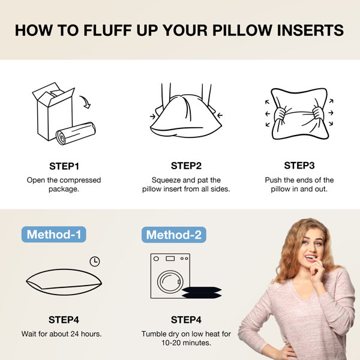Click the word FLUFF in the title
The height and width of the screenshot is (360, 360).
[107, 30]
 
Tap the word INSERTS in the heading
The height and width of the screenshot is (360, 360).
[310, 30]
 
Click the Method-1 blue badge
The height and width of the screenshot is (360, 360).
[54, 235]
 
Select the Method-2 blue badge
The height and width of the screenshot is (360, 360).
[174, 235]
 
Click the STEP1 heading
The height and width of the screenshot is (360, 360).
[64, 166]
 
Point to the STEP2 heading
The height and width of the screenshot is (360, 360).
[186, 166]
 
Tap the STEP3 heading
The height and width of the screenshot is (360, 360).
[299, 166]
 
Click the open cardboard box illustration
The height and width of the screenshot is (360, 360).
[54, 112]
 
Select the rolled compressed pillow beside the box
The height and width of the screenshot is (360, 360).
[76, 133]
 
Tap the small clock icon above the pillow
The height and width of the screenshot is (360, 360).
[95, 262]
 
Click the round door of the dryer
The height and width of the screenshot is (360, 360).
[170, 282]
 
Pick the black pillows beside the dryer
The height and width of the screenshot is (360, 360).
[202, 293]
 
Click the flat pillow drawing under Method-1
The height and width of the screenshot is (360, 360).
[64, 282]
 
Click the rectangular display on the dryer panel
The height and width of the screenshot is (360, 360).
[170, 259]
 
